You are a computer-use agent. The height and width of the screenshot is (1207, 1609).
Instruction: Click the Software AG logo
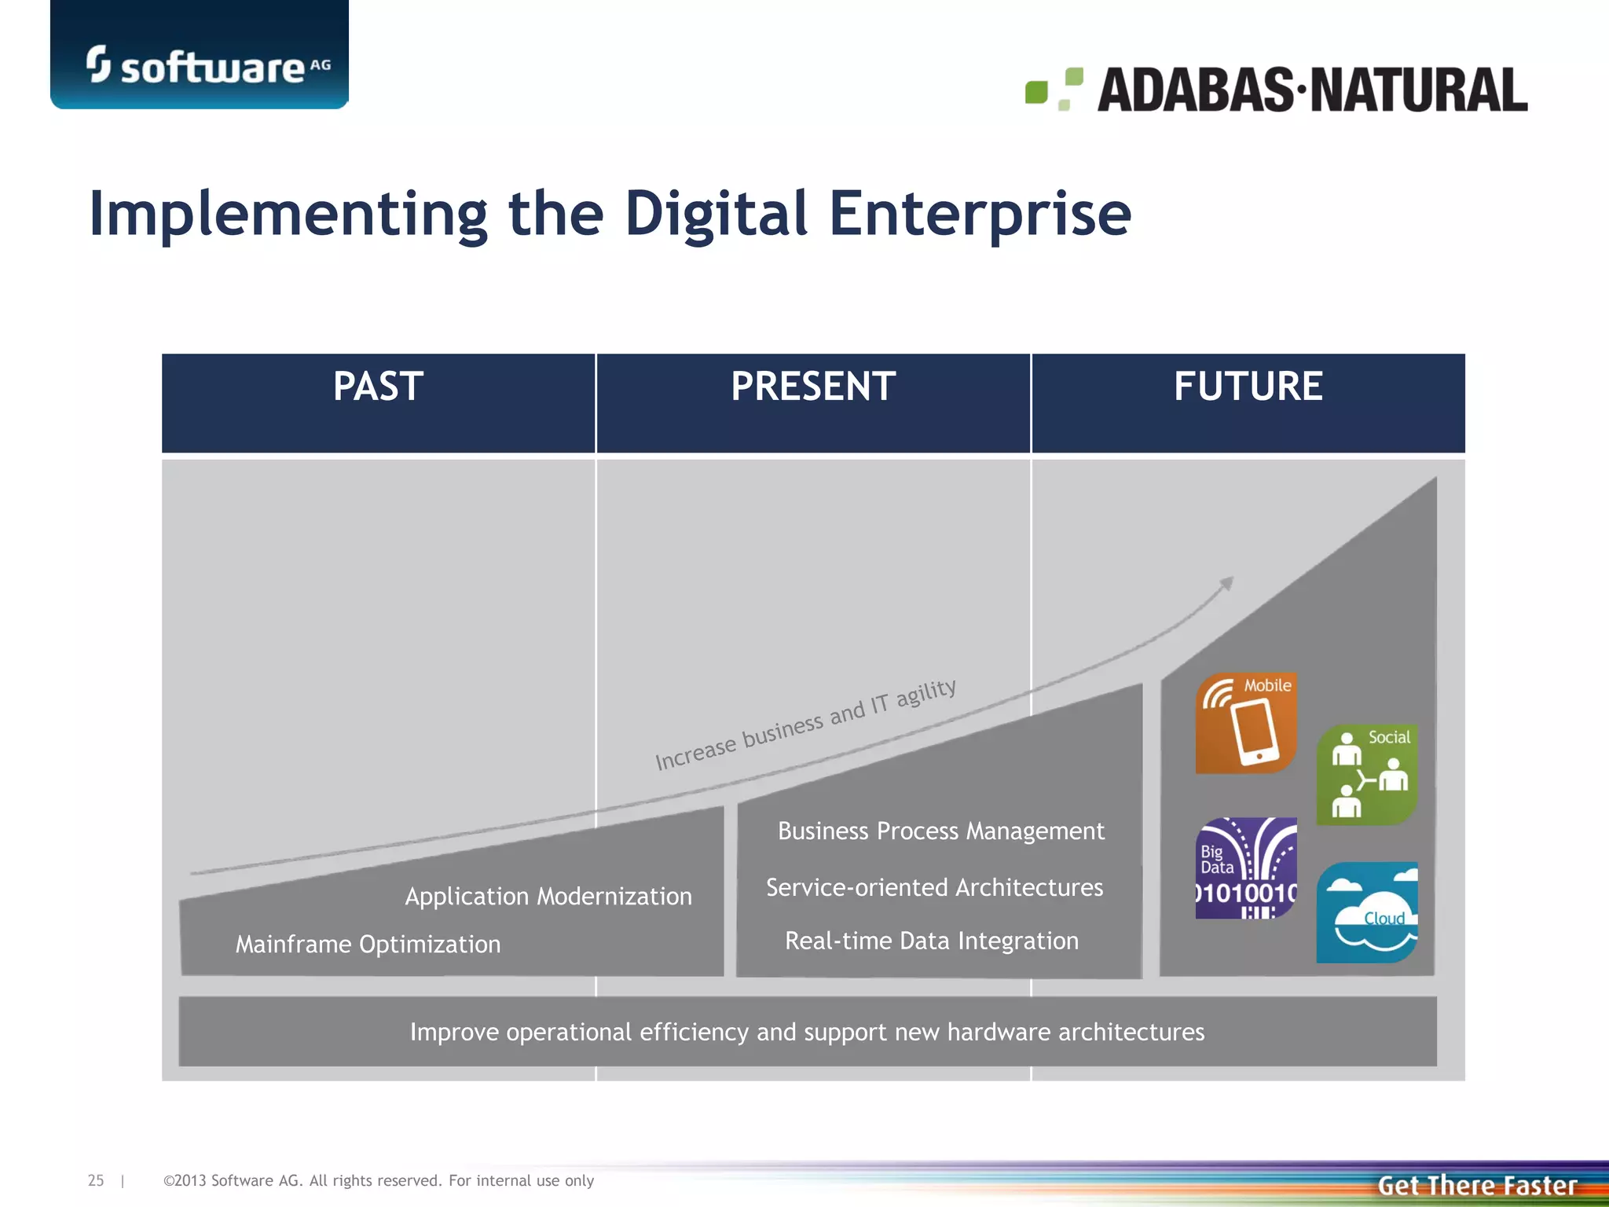coord(207,65)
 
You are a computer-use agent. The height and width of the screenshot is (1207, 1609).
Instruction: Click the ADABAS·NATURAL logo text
coord(1311,90)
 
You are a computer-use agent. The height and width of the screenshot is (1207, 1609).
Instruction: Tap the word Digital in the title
coord(715,214)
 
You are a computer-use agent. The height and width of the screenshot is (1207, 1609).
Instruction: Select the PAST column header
coord(378,387)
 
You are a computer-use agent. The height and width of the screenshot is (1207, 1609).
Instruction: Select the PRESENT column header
coord(813,387)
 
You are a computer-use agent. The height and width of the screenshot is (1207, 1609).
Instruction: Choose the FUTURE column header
coord(1248,387)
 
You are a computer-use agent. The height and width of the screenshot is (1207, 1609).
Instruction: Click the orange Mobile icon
coord(1245,723)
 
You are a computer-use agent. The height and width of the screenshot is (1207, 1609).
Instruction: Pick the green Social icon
coord(1367,774)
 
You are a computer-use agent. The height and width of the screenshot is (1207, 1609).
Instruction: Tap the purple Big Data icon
coord(1245,868)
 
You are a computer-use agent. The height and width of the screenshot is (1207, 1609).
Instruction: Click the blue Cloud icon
coord(1367,912)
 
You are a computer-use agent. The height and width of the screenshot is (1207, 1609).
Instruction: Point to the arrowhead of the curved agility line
coord(1227,583)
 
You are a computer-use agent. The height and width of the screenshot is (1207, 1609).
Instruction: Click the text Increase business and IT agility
coord(805,725)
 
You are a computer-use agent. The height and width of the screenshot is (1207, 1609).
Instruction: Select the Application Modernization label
coord(548,896)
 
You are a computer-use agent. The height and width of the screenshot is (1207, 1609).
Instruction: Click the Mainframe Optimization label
coord(368,944)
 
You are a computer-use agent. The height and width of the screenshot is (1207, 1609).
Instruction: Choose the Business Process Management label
coord(940,831)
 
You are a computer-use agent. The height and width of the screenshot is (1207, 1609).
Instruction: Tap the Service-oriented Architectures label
coord(934,887)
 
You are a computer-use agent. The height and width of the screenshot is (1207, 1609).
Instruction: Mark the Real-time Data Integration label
coord(932,941)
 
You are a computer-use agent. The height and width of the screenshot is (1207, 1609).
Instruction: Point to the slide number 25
coord(96,1180)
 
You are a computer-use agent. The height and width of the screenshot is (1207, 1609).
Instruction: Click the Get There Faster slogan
coord(1477,1185)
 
